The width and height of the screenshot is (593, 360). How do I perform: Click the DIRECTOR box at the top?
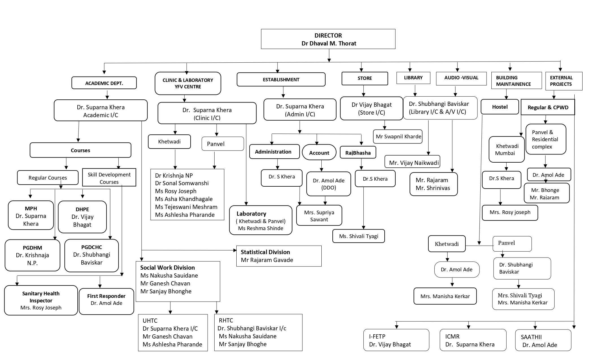click(x=328, y=39)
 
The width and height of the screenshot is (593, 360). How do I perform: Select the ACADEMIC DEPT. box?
click(x=104, y=83)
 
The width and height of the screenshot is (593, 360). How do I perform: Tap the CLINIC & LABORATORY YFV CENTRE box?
click(x=188, y=83)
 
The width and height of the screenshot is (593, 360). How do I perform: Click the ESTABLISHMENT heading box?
click(x=281, y=80)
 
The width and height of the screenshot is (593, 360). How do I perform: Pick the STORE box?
click(x=365, y=78)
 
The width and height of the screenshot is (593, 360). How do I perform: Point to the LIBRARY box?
click(x=413, y=78)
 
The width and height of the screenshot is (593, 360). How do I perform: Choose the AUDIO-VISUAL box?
click(x=461, y=78)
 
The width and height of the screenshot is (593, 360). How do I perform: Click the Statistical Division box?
click(x=279, y=256)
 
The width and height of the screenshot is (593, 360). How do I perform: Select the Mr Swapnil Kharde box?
click(x=398, y=137)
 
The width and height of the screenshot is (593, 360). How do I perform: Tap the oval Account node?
click(x=319, y=152)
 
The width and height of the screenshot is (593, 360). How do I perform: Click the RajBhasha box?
click(x=358, y=152)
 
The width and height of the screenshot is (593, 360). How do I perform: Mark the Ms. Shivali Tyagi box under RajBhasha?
click(x=359, y=236)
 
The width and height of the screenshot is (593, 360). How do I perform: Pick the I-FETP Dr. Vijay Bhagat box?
click(x=396, y=340)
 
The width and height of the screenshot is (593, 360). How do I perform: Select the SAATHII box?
click(x=543, y=341)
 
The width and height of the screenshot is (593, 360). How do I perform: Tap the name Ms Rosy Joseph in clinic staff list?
click(x=176, y=191)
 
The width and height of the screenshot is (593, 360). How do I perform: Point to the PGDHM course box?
click(x=32, y=255)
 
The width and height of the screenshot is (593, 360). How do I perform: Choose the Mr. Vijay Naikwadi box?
click(x=413, y=163)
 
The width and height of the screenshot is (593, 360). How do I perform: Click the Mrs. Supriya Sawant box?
click(x=319, y=216)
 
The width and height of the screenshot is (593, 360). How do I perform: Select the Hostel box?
click(x=500, y=107)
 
